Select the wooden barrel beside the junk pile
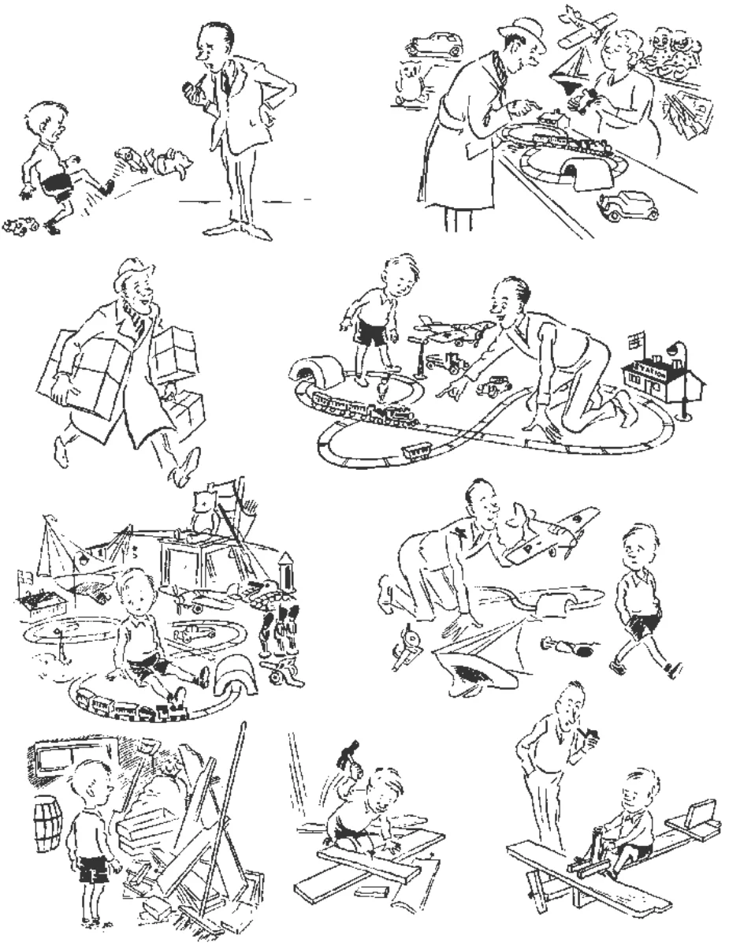click(48, 821)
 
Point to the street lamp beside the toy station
click(678, 371)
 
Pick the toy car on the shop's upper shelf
click(433, 44)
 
